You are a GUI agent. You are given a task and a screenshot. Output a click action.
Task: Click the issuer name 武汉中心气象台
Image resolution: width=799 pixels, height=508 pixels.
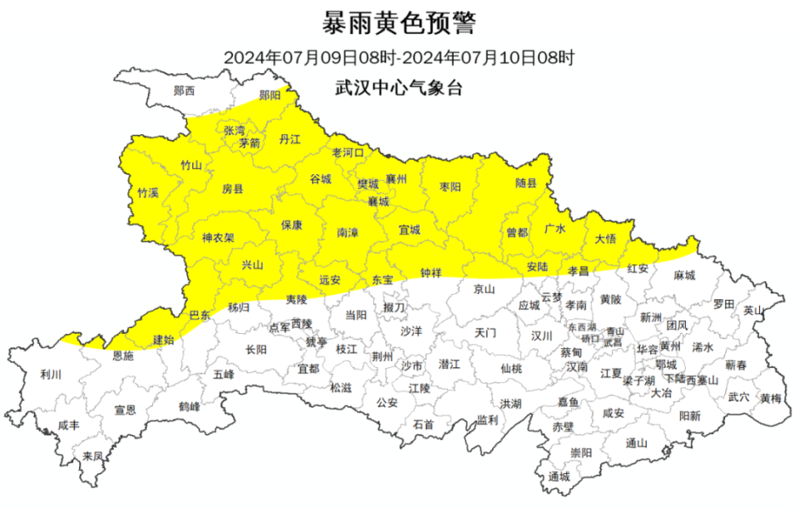pos(399,86)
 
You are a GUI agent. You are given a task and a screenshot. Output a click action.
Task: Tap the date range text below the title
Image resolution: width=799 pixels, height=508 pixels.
pos(399,58)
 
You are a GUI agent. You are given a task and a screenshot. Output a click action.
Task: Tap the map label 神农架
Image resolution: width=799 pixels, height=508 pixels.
pos(217,237)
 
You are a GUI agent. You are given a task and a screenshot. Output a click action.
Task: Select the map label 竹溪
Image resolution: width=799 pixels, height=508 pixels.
pos(147,192)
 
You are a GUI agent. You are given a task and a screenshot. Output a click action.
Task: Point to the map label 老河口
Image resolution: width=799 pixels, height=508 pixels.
pos(348,152)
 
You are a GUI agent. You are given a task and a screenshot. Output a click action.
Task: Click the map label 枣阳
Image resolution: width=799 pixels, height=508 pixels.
pos(449,187)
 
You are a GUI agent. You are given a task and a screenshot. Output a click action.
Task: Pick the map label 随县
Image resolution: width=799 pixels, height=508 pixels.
pos(526,183)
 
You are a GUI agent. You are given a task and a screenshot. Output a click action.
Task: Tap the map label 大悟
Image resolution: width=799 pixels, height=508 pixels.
pos(605,239)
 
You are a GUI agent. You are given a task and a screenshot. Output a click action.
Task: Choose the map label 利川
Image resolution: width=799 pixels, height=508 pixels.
pos(51,374)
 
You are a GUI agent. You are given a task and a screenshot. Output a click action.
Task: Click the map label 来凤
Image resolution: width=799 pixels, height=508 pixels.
pos(92,456)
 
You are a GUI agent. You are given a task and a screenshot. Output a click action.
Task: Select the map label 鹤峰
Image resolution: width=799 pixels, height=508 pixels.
pos(189,407)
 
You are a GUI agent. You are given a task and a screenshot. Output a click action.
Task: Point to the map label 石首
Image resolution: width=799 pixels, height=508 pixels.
pos(424,424)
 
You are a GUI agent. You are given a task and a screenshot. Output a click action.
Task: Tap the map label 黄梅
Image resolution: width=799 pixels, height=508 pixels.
pos(770,398)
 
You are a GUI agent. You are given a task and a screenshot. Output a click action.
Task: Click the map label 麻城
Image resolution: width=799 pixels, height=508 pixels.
pos(684,275)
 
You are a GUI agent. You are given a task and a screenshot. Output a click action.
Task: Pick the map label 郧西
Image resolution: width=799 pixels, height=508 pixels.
pos(184,90)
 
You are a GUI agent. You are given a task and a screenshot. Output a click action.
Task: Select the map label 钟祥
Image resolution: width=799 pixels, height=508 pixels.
pos(431,272)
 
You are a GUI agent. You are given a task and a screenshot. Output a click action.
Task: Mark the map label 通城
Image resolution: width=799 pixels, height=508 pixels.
pos(559,477)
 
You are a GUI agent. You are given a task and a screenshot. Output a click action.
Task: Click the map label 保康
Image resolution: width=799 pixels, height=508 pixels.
pos(291,225)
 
